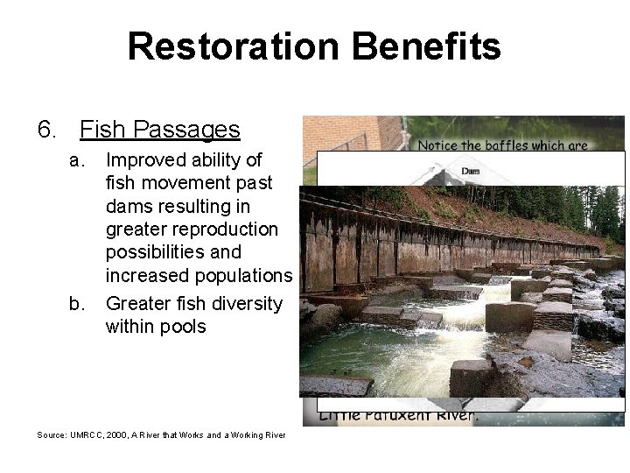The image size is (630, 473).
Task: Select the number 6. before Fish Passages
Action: (x=49, y=131)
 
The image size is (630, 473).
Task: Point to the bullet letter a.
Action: (x=78, y=160)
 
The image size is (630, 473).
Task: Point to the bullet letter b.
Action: (x=78, y=304)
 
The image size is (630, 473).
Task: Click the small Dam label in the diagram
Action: (x=471, y=171)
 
